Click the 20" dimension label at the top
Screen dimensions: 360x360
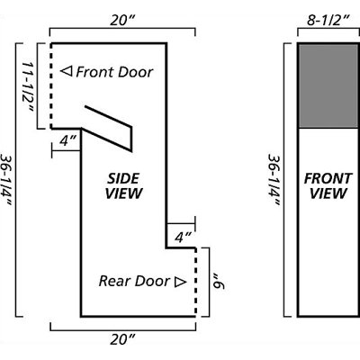tap(122, 21)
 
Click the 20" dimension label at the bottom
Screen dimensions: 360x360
tap(122, 339)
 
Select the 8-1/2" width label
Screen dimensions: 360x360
tap(328, 21)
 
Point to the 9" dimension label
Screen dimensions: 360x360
tap(219, 282)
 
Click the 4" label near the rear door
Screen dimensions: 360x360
tap(183, 238)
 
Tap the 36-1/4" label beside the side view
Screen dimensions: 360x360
tap(6, 180)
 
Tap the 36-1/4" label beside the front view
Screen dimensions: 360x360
tap(274, 180)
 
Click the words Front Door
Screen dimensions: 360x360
tap(114, 72)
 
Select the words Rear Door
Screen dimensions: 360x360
tap(134, 281)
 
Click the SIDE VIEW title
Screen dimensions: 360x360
tap(123, 186)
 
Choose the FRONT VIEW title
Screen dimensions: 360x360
tap(328, 186)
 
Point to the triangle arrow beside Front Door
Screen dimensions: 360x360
tap(67, 71)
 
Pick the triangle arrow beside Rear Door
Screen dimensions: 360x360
tap(181, 282)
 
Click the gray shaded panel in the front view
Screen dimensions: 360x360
tap(328, 85)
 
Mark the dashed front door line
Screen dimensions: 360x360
tap(51, 86)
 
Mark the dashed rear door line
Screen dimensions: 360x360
tap(195, 282)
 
